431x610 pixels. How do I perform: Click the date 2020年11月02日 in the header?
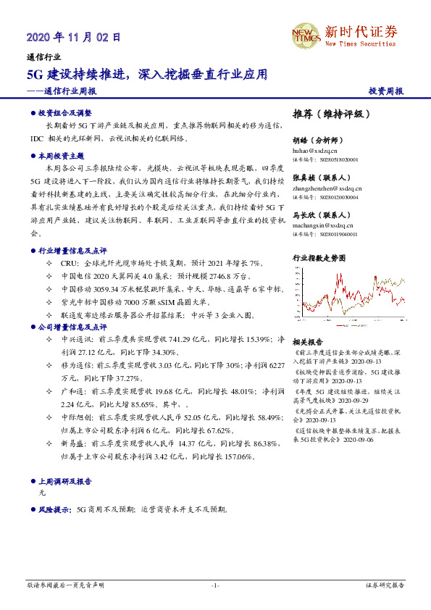(x=73, y=36)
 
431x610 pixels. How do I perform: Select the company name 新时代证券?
(x=361, y=31)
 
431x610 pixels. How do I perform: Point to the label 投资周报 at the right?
(x=385, y=91)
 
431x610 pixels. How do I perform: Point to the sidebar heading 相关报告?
(x=307, y=341)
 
